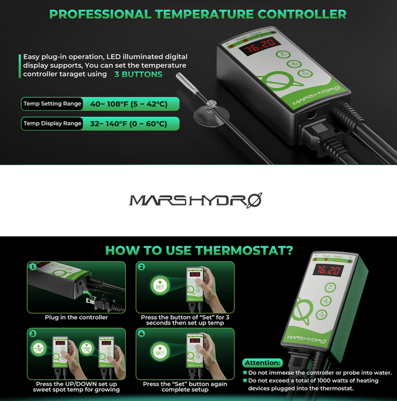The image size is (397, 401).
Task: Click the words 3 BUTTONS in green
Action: pyautogui.click(x=138, y=74)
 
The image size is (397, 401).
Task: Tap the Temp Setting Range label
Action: pyautogui.click(x=52, y=104)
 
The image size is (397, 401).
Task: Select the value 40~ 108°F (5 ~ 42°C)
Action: pyautogui.click(x=129, y=104)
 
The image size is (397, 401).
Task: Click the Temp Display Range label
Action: pyautogui.click(x=52, y=124)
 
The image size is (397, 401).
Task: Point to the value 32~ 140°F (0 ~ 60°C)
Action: pyautogui.click(x=128, y=124)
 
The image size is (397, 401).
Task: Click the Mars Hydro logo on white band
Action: pyautogui.click(x=195, y=200)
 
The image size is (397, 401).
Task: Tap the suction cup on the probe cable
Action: pyautogui.click(x=211, y=114)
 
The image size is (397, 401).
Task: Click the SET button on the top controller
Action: pyautogui.click(x=283, y=54)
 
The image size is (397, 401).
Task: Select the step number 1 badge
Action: pyautogui.click(x=33, y=268)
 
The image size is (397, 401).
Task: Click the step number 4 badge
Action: pyautogui.click(x=141, y=333)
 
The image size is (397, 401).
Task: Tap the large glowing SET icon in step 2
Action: pyautogui.click(x=160, y=286)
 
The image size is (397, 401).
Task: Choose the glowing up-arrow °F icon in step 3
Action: pyautogui.click(x=39, y=348)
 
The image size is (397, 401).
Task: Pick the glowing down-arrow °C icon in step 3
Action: pyautogui.click(x=87, y=348)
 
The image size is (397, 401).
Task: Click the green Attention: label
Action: pyautogui.click(x=262, y=363)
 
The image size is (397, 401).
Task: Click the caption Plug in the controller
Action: pyautogui.click(x=76, y=317)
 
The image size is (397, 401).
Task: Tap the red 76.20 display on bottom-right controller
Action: pyautogui.click(x=328, y=270)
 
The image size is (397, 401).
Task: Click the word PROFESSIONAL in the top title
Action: pyautogui.click(x=100, y=14)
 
